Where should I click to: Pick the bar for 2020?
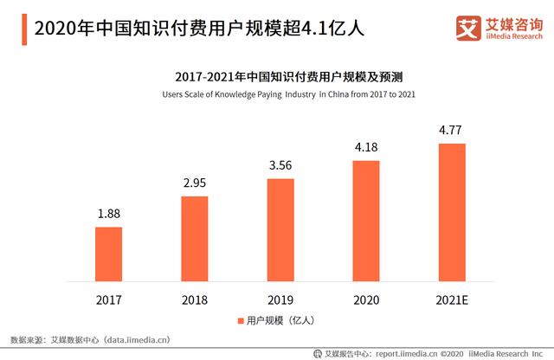[x=365, y=220]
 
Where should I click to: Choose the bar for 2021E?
[x=451, y=211]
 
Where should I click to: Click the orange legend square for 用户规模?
[x=242, y=321]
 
